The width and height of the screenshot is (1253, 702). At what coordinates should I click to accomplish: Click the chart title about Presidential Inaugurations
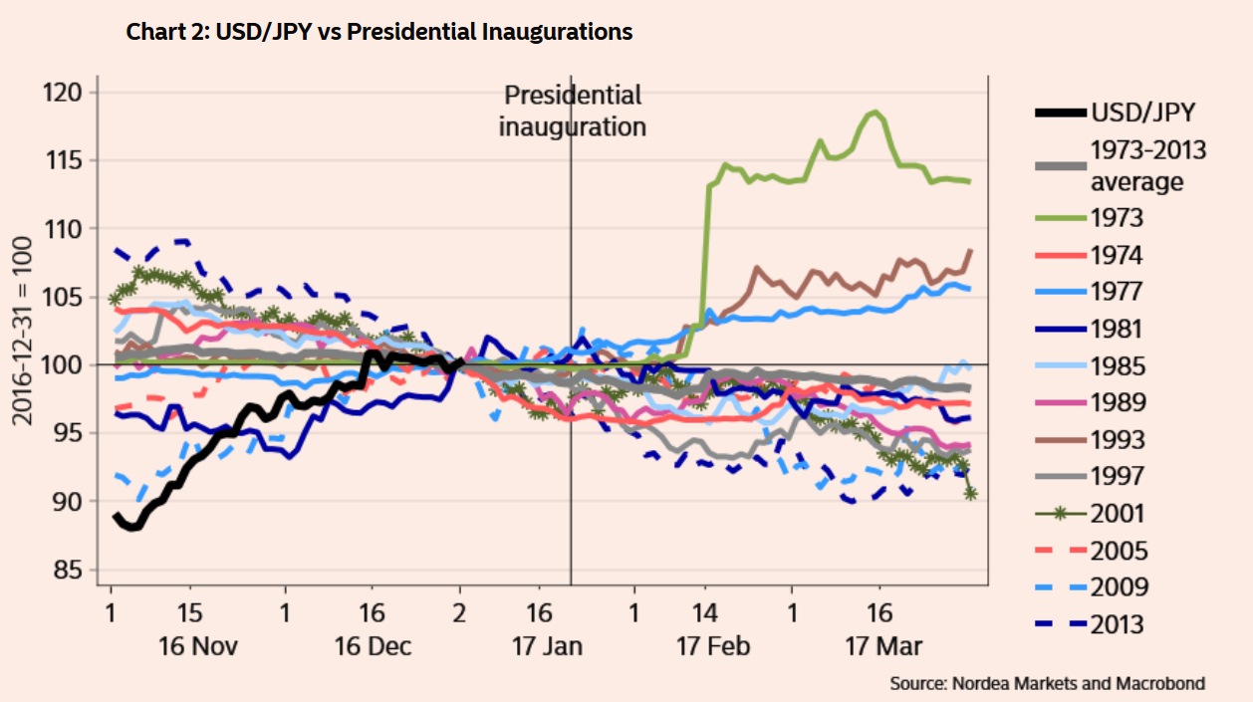(378, 32)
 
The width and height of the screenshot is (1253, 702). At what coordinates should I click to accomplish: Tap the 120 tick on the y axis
(69, 93)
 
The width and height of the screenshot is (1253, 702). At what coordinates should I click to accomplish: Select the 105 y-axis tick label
(69, 297)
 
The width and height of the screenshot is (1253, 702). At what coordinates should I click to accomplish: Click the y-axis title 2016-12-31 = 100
(22, 331)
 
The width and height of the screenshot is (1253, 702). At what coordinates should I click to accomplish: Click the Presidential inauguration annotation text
(572, 111)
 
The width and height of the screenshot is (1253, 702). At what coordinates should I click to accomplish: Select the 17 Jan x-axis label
(547, 646)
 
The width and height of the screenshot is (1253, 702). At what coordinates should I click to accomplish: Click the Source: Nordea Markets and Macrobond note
(1047, 684)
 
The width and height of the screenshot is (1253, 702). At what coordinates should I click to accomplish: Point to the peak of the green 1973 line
(876, 112)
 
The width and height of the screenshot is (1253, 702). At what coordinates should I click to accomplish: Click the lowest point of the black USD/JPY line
(133, 527)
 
